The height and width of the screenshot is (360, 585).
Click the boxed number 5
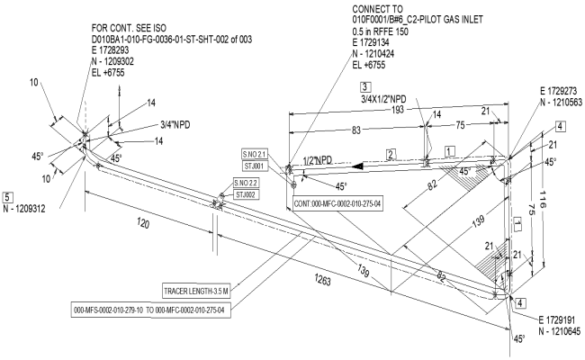(x=8, y=196)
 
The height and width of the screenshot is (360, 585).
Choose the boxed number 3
(x=365, y=86)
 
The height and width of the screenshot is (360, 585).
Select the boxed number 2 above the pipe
(x=391, y=154)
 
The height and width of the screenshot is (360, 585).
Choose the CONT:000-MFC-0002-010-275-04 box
(x=338, y=204)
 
